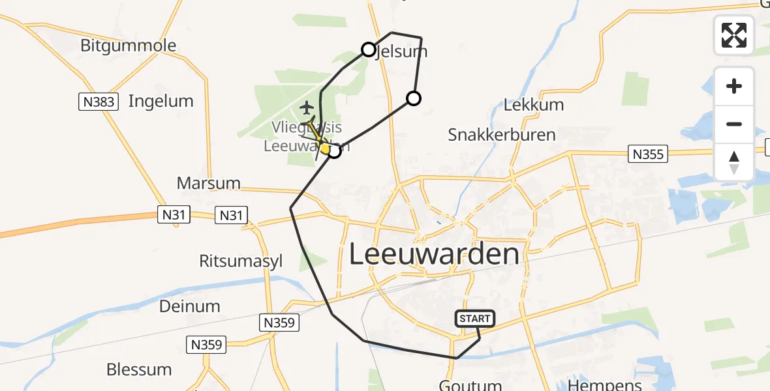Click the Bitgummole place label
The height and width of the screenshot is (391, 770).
click(129, 46)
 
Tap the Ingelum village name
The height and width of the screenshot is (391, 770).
click(161, 101)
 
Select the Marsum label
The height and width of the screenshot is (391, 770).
click(209, 183)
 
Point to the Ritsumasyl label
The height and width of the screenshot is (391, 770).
click(241, 261)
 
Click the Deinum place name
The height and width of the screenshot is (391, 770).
click(190, 306)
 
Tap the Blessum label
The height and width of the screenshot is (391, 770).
click(139, 369)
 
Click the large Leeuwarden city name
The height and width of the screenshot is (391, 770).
click(435, 253)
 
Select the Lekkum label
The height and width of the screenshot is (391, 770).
click(534, 105)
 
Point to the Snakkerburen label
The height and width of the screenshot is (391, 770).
click(502, 135)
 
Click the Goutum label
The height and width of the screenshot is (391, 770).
click(470, 385)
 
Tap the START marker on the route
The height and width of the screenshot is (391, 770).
click(475, 319)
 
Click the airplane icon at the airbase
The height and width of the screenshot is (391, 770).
click(307, 107)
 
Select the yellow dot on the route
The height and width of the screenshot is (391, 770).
click(325, 148)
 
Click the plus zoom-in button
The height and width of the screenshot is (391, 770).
click(734, 86)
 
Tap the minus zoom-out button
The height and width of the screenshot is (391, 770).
click(734, 124)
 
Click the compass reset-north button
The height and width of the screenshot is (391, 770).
click(734, 162)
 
